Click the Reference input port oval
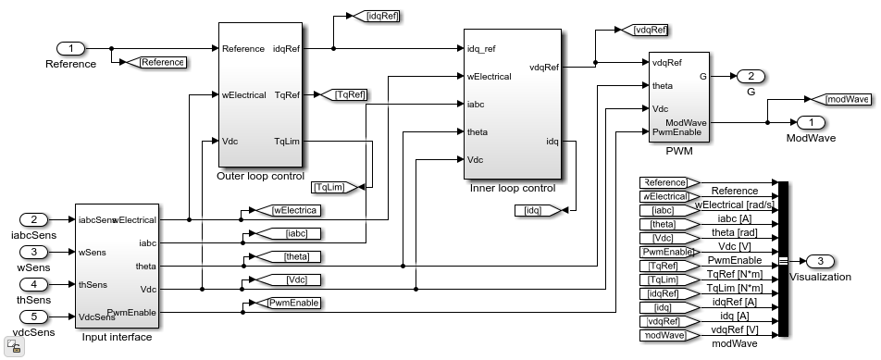pyautogui.click(x=70, y=49)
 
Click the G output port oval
pyautogui.click(x=751, y=77)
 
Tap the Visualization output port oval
pyautogui.click(x=820, y=261)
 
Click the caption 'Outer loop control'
pyautogui.click(x=261, y=177)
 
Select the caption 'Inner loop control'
pyautogui.click(x=513, y=189)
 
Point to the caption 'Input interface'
pyautogui.click(x=117, y=338)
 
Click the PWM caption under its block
pyautogui.click(x=679, y=152)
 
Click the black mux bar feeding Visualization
pyautogui.click(x=783, y=259)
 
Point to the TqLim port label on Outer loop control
pyautogui.click(x=287, y=141)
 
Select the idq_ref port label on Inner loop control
pyautogui.click(x=481, y=49)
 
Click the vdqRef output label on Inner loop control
pyautogui.click(x=544, y=68)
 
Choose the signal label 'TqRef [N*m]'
pyautogui.click(x=734, y=274)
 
